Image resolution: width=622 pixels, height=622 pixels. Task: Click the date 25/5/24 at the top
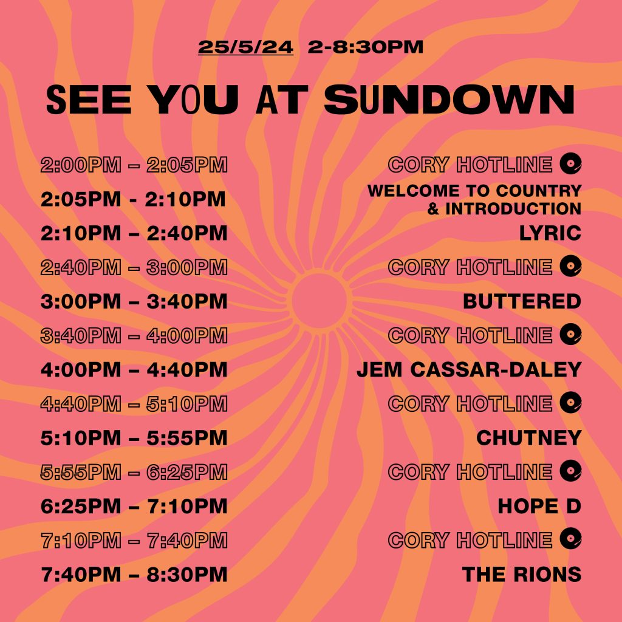(245, 47)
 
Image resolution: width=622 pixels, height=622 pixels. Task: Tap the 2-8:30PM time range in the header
(365, 47)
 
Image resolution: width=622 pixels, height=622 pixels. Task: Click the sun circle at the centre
(320, 300)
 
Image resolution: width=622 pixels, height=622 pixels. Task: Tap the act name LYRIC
(550, 233)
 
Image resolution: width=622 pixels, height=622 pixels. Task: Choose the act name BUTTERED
(522, 301)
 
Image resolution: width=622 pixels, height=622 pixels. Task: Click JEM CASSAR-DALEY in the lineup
(469, 369)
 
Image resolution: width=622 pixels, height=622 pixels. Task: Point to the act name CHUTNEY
(529, 437)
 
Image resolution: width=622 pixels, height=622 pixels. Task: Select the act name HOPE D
(539, 506)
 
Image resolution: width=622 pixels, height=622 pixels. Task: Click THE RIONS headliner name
(522, 574)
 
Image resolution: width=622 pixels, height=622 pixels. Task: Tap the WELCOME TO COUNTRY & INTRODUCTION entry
(474, 199)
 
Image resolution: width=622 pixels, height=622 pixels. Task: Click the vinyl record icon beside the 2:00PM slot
(570, 163)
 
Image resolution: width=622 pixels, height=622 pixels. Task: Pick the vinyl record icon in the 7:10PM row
(570, 539)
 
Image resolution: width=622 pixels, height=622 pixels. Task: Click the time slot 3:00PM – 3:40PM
(134, 301)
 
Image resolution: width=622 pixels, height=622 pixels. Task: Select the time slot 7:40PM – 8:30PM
(134, 574)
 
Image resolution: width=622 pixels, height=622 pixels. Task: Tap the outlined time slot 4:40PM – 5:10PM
(134, 404)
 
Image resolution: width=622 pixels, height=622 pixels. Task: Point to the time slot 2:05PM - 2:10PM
(133, 199)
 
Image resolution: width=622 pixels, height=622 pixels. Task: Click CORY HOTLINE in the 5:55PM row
(470, 472)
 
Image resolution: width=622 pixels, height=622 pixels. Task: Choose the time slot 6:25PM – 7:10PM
(134, 506)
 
